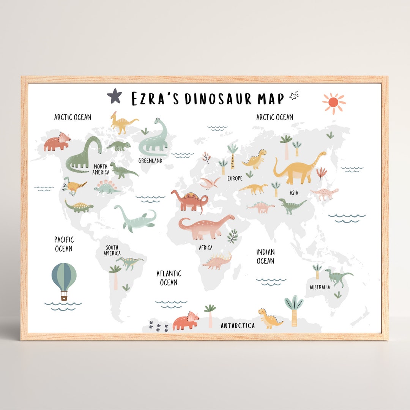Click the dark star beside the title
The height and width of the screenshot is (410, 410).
pos(114,96)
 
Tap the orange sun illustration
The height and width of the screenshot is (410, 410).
pos(333,102)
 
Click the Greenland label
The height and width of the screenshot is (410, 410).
pos(150,161)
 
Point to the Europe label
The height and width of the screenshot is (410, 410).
pos(235,178)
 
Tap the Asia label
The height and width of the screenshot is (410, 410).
pos(294,193)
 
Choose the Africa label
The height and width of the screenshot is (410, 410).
pos(206,248)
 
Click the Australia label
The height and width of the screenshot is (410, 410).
pos(320,287)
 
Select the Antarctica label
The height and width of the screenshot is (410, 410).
pos(238,326)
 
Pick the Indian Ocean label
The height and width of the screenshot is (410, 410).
pos(265,257)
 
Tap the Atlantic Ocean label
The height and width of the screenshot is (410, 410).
pos(169,278)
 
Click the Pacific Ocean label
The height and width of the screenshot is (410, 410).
pos(64,244)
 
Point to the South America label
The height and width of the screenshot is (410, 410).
pos(112,251)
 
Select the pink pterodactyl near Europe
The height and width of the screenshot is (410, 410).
pos(210,183)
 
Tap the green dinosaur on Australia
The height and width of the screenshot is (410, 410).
pos(337,277)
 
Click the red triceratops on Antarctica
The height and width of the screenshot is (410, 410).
pos(186,321)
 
